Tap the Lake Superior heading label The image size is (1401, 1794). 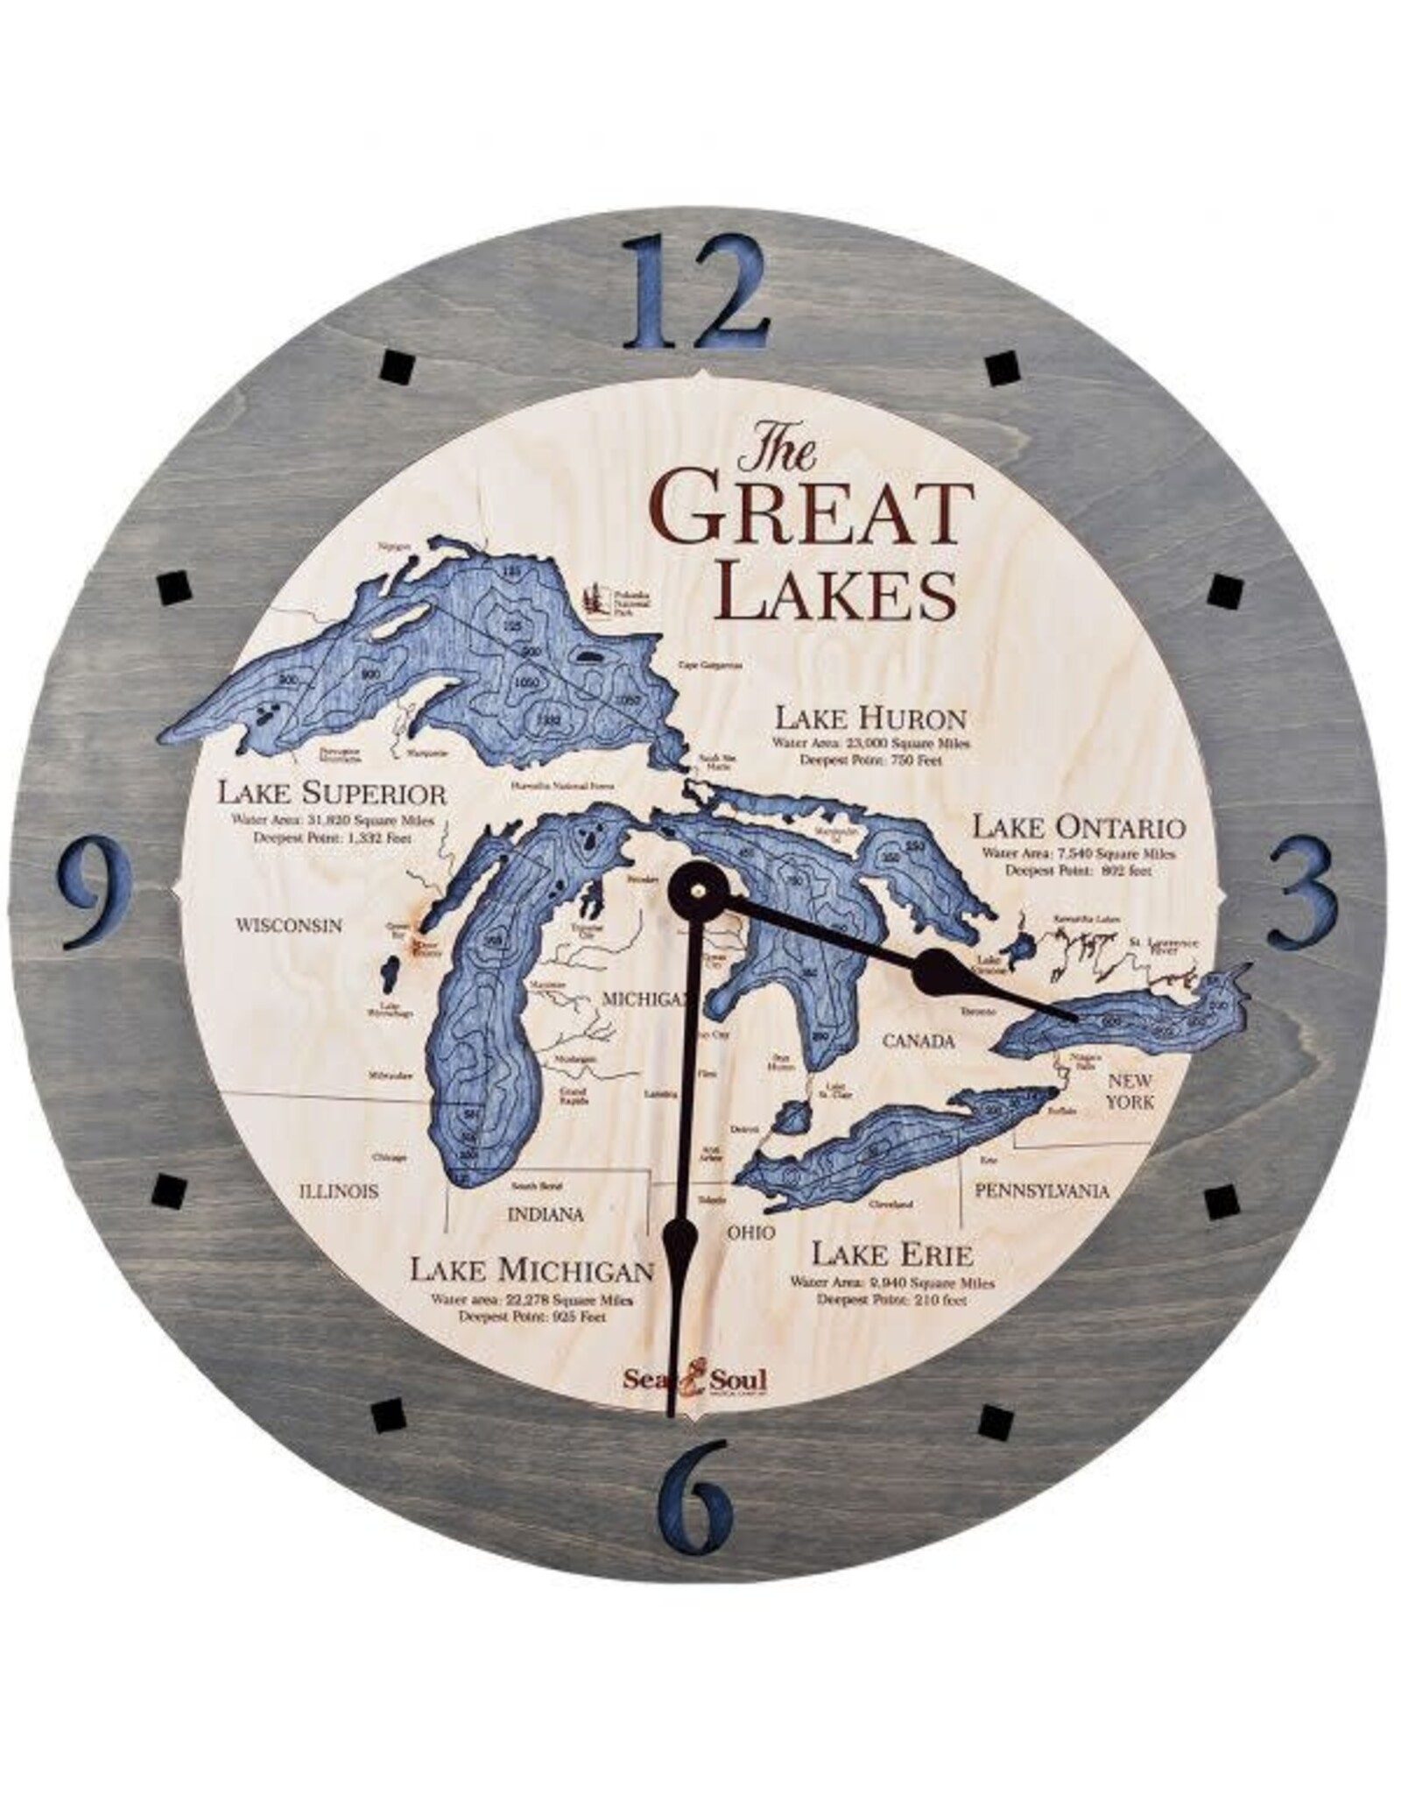333,795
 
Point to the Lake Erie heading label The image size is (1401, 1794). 892,1254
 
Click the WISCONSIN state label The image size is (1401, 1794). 286,925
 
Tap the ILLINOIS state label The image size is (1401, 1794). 339,1191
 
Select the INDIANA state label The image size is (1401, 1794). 545,1215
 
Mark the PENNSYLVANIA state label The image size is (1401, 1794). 1042,1191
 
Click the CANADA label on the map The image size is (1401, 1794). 917,1042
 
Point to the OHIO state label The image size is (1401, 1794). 751,1232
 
